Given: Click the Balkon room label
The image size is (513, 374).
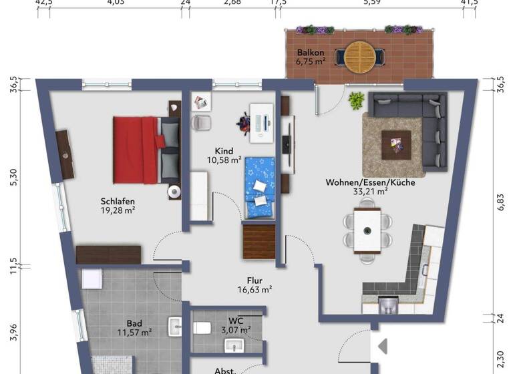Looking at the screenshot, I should [x=311, y=53].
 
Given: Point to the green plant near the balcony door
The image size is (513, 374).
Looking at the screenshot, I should [x=357, y=101].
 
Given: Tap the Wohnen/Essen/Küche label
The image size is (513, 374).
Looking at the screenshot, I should [x=370, y=182].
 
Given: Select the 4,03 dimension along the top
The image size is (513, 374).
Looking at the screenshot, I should [x=116, y=3].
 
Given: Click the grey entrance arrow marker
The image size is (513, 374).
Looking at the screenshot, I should [x=382, y=347].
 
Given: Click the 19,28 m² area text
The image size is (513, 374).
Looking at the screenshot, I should [x=118, y=210].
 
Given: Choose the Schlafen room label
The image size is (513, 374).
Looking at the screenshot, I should [x=118, y=200].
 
